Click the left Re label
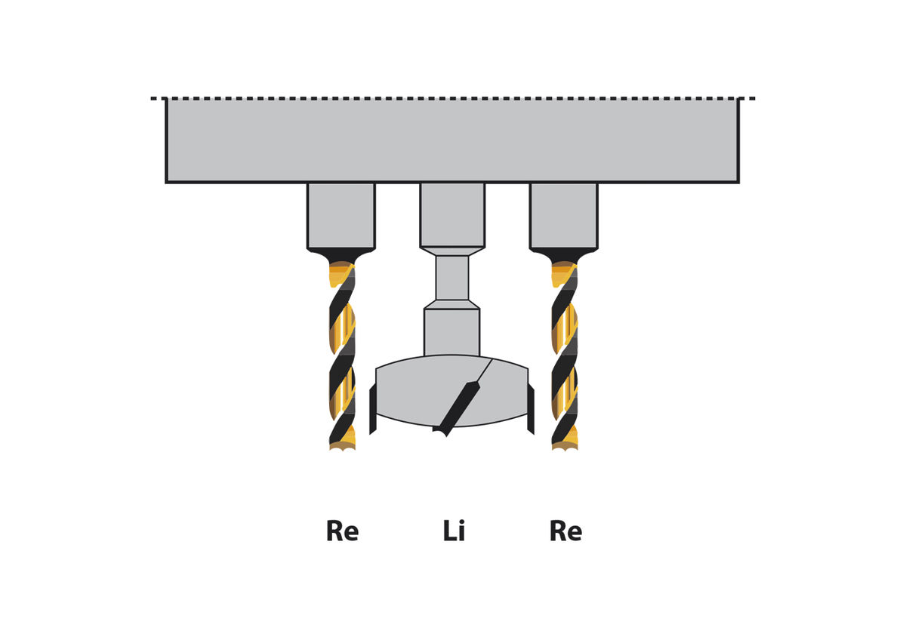point(342,531)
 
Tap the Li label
point(454,531)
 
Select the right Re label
point(565,531)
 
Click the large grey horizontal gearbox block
point(451,140)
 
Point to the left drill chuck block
point(341,215)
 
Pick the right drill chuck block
point(563,215)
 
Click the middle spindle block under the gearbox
point(452,214)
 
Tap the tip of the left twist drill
point(342,447)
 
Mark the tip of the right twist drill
point(565,447)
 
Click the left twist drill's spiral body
point(342,355)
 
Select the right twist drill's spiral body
point(565,355)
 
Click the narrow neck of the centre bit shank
point(452,278)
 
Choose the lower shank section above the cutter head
point(451,331)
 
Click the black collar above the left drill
point(341,255)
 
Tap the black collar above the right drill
point(564,255)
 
